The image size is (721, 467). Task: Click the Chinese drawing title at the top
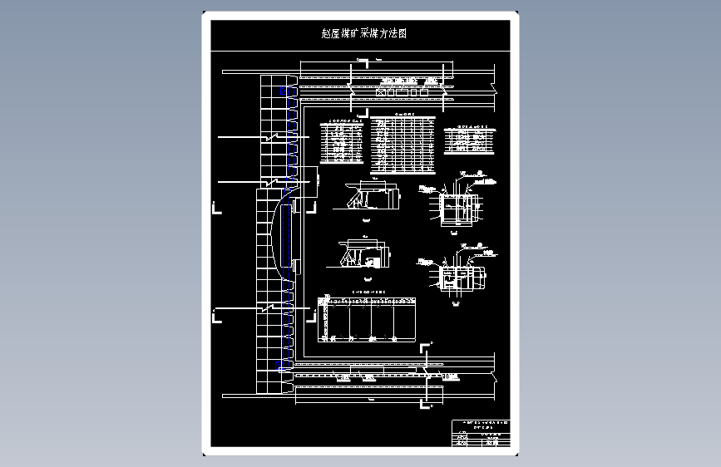click(363, 34)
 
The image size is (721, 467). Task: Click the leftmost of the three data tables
click(341, 142)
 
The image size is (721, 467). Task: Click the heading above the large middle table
click(403, 113)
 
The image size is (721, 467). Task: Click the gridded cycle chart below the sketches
click(368, 319)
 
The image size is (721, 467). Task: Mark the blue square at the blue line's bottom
click(279, 366)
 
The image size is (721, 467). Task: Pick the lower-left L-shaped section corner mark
click(218, 313)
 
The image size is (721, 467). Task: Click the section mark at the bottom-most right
click(431, 404)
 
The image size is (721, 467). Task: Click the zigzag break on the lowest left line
click(268, 308)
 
